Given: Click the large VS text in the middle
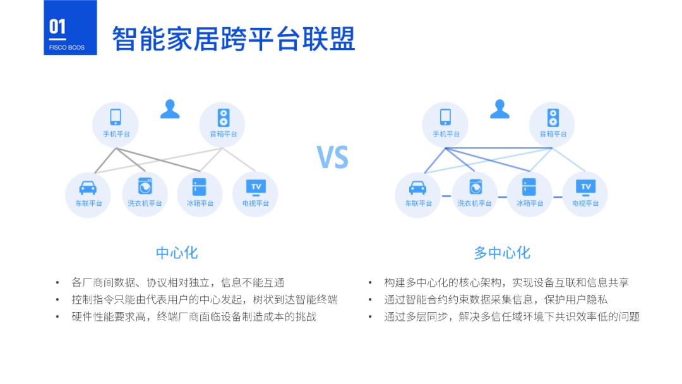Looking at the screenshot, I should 332,157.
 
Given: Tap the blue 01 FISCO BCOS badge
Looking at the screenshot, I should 70,28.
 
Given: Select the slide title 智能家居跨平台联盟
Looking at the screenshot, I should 234,39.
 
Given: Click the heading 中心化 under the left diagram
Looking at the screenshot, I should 177,253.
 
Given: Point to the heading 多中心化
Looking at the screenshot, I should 502,253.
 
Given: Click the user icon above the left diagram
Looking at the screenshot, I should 170,109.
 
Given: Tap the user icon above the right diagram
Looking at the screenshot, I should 500,109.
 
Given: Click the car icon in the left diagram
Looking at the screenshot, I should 88,188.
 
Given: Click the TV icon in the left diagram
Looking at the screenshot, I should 256,187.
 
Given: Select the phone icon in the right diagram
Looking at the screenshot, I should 445,117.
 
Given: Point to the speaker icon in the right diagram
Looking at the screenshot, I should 553,117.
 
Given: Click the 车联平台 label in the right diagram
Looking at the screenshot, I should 418,203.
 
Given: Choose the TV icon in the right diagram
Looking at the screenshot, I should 585,187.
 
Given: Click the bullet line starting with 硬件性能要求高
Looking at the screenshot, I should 194,316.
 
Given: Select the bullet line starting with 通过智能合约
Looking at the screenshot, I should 496,299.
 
